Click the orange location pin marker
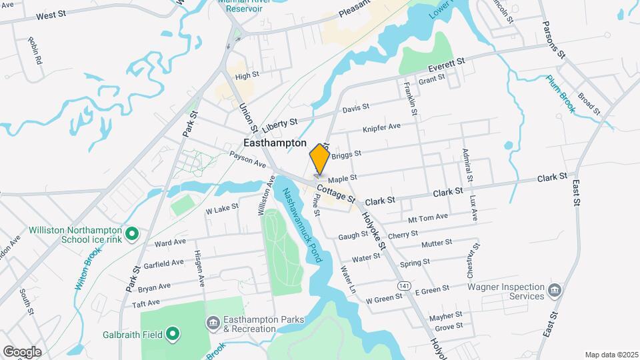pyautogui.click(x=319, y=160)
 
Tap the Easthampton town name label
pyautogui.click(x=275, y=143)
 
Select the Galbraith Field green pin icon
pyautogui.click(x=173, y=333)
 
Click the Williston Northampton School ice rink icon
pyautogui.click(x=132, y=234)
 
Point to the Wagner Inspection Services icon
pyautogui.click(x=554, y=291)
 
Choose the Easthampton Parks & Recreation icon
pyautogui.click(x=212, y=323)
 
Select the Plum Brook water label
pyautogui.click(x=561, y=94)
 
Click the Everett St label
pyautogui.click(x=446, y=65)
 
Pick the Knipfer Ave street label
pyautogui.click(x=381, y=127)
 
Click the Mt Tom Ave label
pyautogui.click(x=427, y=217)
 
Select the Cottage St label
pyautogui.click(x=335, y=194)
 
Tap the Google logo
pyautogui.click(x=22, y=351)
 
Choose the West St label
pyautogui.click(x=51, y=15)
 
